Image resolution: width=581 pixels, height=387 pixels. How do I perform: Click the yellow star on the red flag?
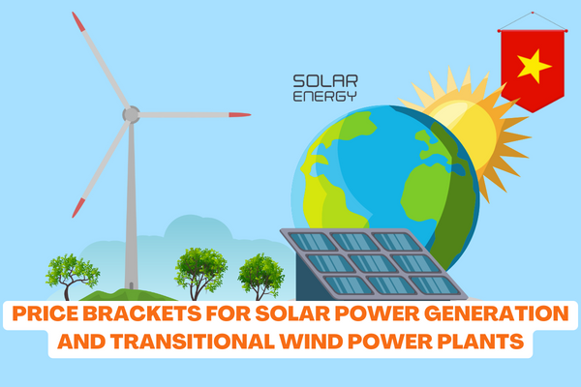click(534, 66)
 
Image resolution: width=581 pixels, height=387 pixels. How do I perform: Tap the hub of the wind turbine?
click(131, 114)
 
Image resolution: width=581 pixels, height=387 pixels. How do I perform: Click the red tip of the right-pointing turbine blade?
click(240, 115)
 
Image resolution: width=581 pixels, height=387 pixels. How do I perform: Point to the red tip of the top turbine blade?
click(78, 21)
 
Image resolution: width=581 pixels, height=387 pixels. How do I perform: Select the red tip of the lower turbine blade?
click(78, 208)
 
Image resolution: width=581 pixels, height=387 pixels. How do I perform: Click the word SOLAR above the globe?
click(325, 81)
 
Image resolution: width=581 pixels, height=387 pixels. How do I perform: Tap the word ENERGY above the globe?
click(324, 96)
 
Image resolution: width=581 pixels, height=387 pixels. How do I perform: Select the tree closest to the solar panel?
click(260, 276)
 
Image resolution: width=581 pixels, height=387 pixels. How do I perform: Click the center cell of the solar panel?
click(374, 263)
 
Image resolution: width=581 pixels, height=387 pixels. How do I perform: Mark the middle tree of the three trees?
click(200, 273)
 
